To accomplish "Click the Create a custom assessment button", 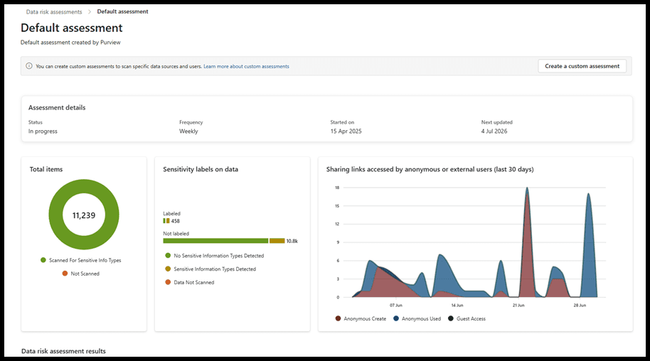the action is [582, 66].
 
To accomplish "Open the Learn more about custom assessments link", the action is [246, 66].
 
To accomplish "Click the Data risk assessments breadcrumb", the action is [54, 11].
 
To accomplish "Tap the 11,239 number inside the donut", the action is [84, 215].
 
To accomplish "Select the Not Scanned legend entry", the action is [81, 274].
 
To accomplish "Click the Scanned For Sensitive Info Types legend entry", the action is [81, 260].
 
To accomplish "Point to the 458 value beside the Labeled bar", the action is [176, 221].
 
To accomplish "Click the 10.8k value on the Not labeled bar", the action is [292, 241].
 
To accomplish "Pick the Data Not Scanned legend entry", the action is [190, 282].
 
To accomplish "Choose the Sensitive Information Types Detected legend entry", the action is [211, 269].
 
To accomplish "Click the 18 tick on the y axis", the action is [337, 188].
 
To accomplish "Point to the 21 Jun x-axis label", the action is [518, 305].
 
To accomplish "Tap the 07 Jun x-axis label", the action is [396, 305].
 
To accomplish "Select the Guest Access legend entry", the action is [467, 319].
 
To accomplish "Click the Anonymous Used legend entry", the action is [417, 319].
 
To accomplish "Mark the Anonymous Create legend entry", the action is [361, 319].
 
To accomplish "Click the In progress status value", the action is [43, 131].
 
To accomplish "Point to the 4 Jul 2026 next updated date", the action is [494, 131].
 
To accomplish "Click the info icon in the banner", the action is [29, 66].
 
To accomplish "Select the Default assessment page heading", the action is [72, 28].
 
